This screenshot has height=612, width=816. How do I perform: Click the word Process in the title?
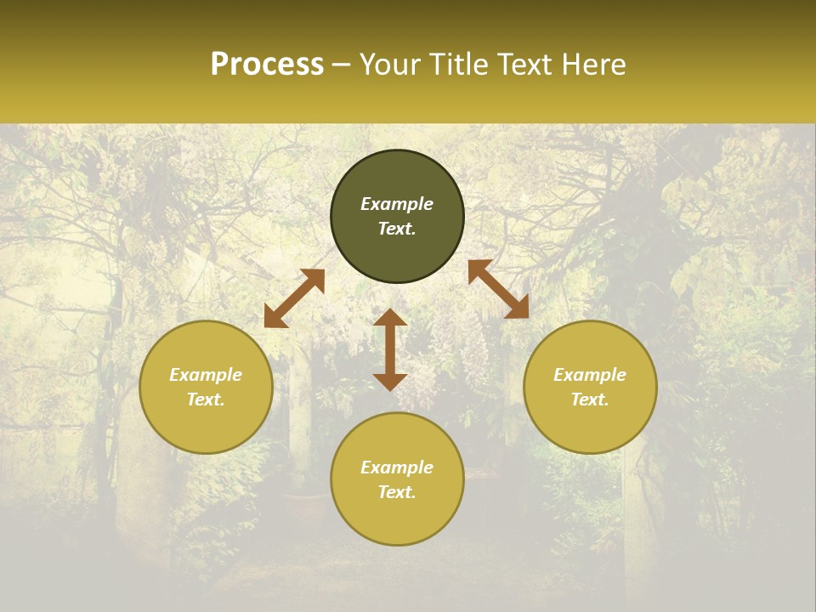pos(267,65)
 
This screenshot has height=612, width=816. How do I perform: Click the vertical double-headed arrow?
pos(390,349)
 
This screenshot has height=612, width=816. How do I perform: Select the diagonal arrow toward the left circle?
pos(294,298)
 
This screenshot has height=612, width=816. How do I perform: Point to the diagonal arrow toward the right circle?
pos(498,289)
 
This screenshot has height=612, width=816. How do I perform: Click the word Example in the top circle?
pos(397,204)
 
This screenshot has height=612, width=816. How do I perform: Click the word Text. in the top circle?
pos(397,229)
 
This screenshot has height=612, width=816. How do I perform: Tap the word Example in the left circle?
pos(206,375)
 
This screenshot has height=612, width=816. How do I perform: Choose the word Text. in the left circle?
pos(206,399)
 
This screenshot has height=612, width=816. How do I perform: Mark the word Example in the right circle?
pos(590,375)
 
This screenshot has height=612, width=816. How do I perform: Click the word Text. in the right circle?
pos(590,399)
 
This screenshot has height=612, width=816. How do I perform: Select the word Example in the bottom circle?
pos(397,467)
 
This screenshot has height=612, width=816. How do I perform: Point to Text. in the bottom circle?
pos(397,492)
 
